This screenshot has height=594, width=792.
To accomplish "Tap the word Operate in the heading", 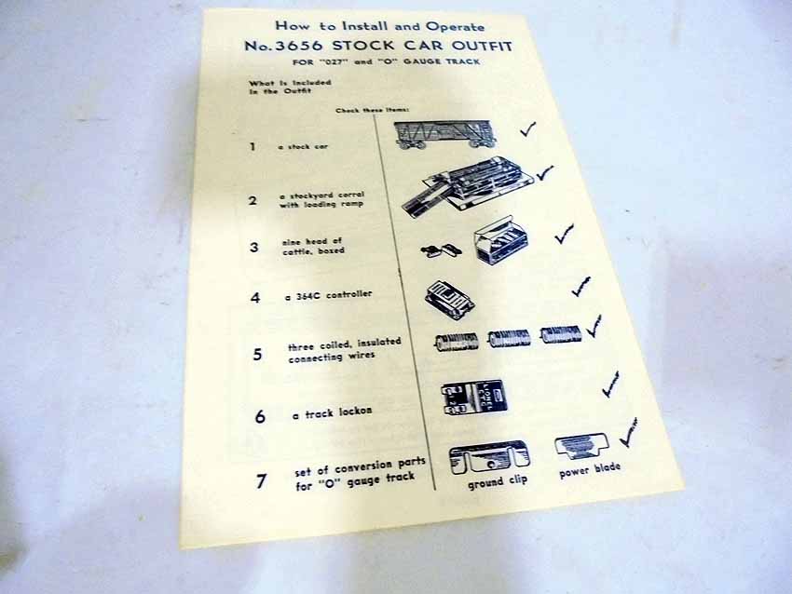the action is [x=455, y=26].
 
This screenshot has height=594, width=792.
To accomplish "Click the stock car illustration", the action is [x=444, y=134].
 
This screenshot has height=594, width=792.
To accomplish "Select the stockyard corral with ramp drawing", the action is [x=468, y=185].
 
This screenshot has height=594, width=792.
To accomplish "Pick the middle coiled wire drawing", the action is [x=509, y=338].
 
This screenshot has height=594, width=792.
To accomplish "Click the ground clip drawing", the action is [x=489, y=457].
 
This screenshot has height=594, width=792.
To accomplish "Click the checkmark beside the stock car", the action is [x=527, y=129].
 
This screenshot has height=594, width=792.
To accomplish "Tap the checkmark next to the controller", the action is [x=581, y=286].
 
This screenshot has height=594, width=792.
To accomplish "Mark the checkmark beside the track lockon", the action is [x=611, y=385].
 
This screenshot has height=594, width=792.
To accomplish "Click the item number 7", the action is [x=261, y=480].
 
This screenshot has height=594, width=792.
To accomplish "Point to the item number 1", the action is [x=253, y=146].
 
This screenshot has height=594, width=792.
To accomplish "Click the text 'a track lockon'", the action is [x=332, y=412].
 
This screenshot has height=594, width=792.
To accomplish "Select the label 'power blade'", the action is [x=590, y=469].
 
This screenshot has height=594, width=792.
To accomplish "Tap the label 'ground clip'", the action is [x=498, y=481].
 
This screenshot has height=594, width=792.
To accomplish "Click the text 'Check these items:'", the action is [x=373, y=110].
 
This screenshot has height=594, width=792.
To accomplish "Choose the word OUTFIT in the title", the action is [x=482, y=47].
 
